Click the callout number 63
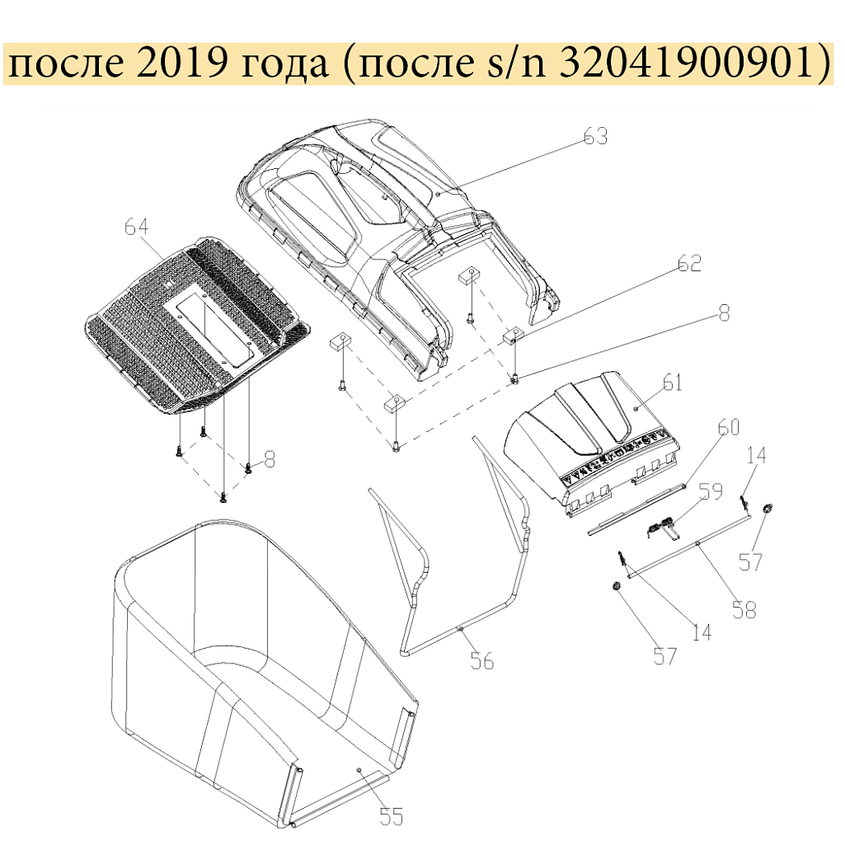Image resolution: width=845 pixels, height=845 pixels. point(595,136)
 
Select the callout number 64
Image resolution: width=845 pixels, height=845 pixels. point(136,227)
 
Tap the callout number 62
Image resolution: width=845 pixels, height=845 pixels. point(689,263)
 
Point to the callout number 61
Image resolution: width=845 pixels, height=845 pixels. point(672,383)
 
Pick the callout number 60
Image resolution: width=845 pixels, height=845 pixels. point(729,427)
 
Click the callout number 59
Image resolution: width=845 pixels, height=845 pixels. point(711,491)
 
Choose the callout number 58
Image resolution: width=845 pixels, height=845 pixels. point(744,609)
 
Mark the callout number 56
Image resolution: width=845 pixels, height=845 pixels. point(481,660)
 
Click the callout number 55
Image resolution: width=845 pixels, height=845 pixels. point(392,816)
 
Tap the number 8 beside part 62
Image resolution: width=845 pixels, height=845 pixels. point(725,313)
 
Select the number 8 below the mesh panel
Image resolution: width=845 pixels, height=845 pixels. point(270,459)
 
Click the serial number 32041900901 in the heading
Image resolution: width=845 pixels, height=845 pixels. point(685,63)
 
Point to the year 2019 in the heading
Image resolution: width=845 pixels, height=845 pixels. point(180,63)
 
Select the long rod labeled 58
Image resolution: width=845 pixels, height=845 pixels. point(689,547)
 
